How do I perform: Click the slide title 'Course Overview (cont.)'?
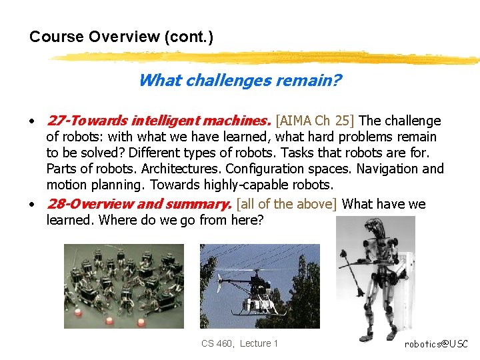121,37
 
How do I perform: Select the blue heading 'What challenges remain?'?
240,81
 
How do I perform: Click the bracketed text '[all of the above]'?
287,204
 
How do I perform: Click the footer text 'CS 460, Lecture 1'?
239,343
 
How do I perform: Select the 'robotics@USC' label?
436,344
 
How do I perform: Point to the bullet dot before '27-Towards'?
31,122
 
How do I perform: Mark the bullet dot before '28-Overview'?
31,205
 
